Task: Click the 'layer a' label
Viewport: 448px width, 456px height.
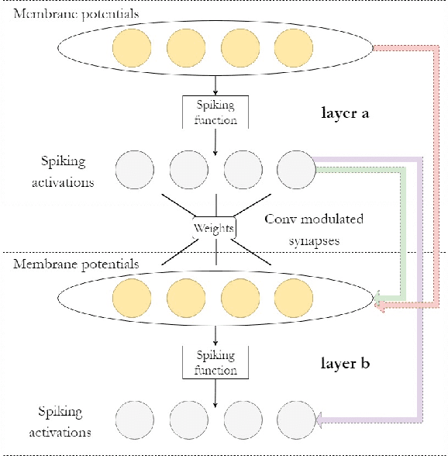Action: [344, 113]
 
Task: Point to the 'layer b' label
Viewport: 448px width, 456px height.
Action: [344, 363]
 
